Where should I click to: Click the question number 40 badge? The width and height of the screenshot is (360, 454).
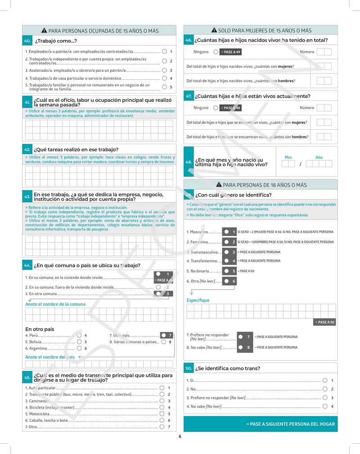click(x=27, y=41)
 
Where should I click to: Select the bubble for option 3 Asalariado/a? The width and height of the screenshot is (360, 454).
click(x=164, y=70)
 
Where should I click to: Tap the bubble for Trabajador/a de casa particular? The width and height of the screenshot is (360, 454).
click(x=164, y=78)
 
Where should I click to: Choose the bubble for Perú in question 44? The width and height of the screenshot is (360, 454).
click(x=79, y=335)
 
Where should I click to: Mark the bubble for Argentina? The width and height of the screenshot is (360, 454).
click(x=79, y=348)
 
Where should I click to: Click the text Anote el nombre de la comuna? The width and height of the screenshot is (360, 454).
click(x=55, y=304)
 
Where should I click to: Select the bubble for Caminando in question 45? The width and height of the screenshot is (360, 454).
click(x=162, y=401)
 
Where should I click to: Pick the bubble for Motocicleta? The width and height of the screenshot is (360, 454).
click(x=162, y=413)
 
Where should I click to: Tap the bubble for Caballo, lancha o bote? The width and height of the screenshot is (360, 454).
click(x=162, y=420)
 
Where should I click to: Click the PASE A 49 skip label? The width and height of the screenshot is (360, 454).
click(x=230, y=52)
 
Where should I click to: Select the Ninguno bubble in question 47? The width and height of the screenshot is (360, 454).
click(x=216, y=108)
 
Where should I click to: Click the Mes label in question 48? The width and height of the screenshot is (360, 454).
click(x=288, y=157)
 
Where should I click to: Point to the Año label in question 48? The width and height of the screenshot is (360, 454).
click(x=319, y=157)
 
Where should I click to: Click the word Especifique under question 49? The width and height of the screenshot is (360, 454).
click(x=198, y=300)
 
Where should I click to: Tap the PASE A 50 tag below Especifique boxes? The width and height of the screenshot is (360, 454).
click(x=324, y=322)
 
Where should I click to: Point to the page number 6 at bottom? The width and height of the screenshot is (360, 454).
click(x=180, y=436)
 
